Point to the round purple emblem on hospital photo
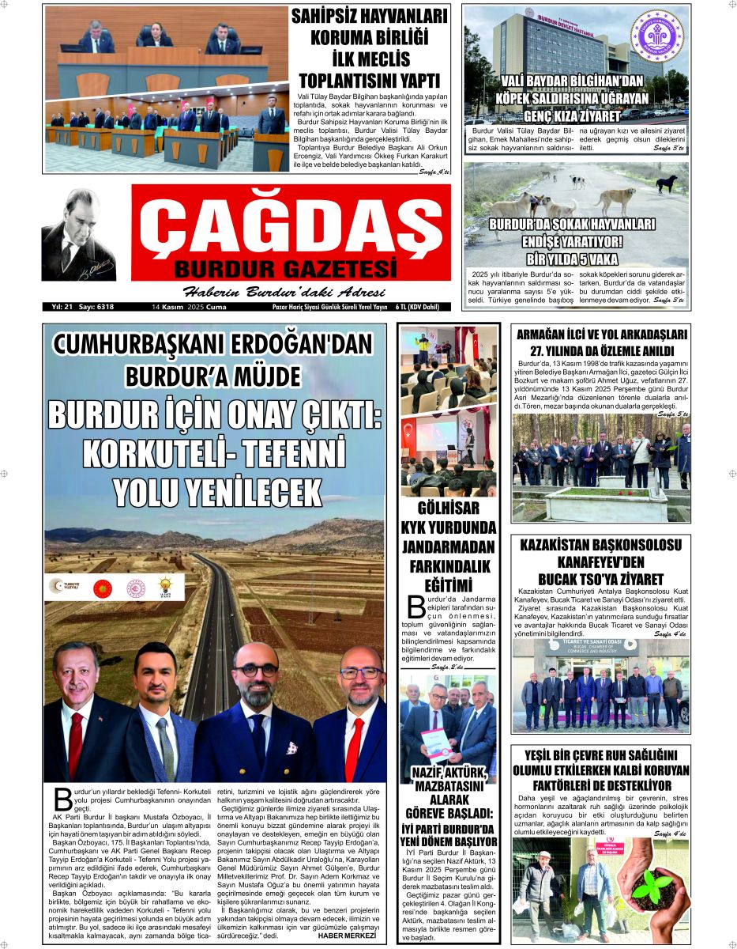point(656,36)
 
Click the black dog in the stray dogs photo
point(667,183)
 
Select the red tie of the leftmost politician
point(76,744)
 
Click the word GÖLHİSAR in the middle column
point(449,509)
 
